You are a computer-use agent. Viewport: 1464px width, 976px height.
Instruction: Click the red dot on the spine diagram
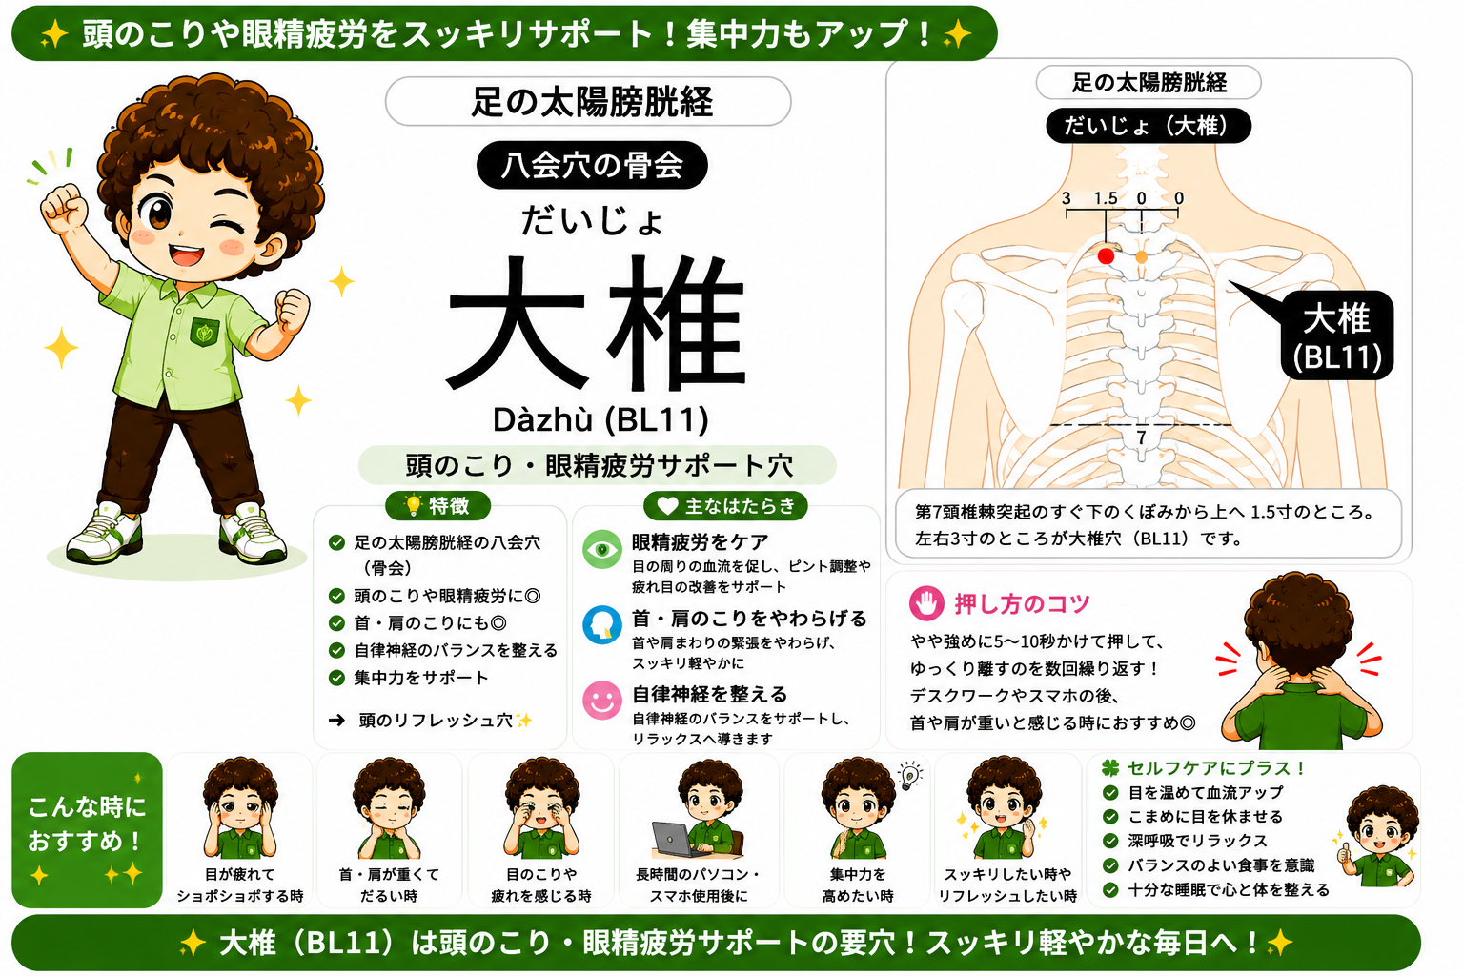pos(1106,255)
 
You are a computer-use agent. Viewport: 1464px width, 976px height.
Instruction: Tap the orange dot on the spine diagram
pos(1142,257)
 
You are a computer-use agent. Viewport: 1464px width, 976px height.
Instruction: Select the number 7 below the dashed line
pos(1141,437)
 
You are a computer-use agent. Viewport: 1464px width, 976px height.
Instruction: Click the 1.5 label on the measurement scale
pos(1106,198)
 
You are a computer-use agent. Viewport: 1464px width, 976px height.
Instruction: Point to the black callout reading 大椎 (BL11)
pos(1337,335)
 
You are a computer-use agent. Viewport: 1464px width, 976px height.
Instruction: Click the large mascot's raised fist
pos(64,207)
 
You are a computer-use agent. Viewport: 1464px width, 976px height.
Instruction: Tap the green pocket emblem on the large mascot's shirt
pos(205,332)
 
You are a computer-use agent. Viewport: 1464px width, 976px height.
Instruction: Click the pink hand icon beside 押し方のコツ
pos(926,602)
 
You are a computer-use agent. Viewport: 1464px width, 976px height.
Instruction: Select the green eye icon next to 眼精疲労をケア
pos(602,550)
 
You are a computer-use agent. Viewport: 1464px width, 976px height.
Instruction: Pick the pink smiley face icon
pos(602,701)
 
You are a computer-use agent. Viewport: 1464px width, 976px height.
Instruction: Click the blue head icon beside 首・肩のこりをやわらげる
pos(602,625)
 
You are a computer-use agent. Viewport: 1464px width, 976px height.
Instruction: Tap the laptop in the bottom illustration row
pos(677,841)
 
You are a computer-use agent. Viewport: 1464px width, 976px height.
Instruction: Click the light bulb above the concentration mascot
pos(910,775)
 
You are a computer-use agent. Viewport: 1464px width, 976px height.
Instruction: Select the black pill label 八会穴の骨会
pos(592,165)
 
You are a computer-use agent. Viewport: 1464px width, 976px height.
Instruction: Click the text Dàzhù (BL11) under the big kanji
pos(600,419)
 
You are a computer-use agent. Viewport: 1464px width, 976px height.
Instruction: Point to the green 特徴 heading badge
pos(437,505)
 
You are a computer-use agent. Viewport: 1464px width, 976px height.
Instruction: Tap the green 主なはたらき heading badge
pos(725,505)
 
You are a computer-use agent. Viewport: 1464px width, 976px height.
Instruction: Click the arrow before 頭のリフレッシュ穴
pos(336,721)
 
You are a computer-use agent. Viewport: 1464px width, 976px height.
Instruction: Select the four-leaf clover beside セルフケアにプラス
pos(1109,767)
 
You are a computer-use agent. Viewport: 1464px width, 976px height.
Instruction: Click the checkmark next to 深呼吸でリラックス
pos(1109,841)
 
